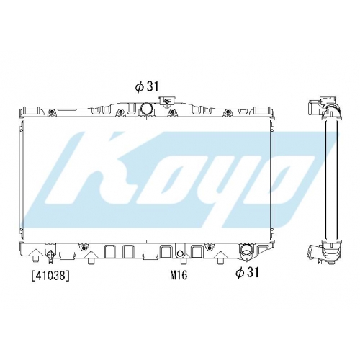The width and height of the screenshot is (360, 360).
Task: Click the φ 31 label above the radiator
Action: click(147, 86)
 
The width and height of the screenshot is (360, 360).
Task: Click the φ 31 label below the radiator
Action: click(247, 273)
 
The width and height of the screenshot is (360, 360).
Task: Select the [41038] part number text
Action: click(50, 276)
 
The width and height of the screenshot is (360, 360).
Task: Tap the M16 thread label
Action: click(179, 275)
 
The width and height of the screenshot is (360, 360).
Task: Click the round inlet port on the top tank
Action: click(145, 108)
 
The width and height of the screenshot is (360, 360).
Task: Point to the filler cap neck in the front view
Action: click(166, 101)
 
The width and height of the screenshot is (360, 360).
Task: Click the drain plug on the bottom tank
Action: click(51, 253)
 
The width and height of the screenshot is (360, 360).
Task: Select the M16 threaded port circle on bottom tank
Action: click(180, 253)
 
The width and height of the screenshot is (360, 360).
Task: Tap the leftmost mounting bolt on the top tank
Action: click(51, 112)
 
